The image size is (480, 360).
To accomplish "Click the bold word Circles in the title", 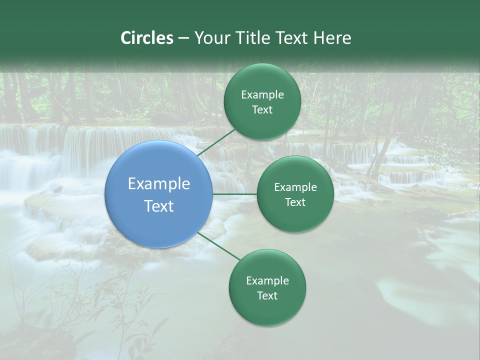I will (x=147, y=38).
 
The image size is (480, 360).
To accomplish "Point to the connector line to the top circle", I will (x=216, y=142).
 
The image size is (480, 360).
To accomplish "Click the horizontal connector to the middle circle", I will (x=235, y=194).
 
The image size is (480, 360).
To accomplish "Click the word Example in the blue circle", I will (x=159, y=183).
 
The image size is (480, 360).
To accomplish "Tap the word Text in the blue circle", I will (x=159, y=206).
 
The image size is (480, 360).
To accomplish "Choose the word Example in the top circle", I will (x=262, y=94).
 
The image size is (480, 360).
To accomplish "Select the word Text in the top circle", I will (x=262, y=109).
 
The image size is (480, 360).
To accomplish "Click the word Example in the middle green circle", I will (x=295, y=187).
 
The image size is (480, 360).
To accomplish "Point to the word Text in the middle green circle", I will (x=295, y=202).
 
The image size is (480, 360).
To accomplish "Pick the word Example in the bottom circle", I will (x=267, y=280).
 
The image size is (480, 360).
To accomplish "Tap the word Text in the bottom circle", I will (x=267, y=295).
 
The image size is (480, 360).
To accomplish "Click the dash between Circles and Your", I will (x=183, y=38).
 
